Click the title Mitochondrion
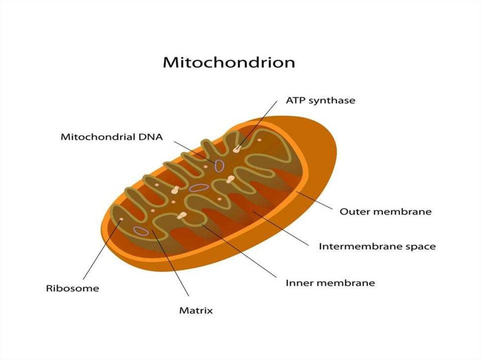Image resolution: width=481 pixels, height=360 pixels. [x=229, y=63]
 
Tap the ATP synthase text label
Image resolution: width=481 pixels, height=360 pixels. [x=320, y=100]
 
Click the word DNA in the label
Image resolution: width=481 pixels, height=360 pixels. [x=152, y=138]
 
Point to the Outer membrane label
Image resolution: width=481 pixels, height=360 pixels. [x=385, y=212]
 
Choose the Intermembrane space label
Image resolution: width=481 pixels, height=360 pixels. [x=377, y=246]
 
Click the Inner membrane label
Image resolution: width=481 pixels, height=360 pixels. [x=330, y=283]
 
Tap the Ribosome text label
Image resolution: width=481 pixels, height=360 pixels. [x=72, y=288]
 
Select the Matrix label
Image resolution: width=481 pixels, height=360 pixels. [x=196, y=310]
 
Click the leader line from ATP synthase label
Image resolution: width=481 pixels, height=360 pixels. [x=261, y=124]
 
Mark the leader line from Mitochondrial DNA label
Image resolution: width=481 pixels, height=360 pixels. [x=193, y=150]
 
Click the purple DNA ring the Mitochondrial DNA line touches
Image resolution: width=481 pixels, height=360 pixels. [x=219, y=165]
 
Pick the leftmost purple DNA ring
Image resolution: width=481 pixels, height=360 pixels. [x=140, y=230]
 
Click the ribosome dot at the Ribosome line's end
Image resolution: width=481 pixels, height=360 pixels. [x=122, y=219]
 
